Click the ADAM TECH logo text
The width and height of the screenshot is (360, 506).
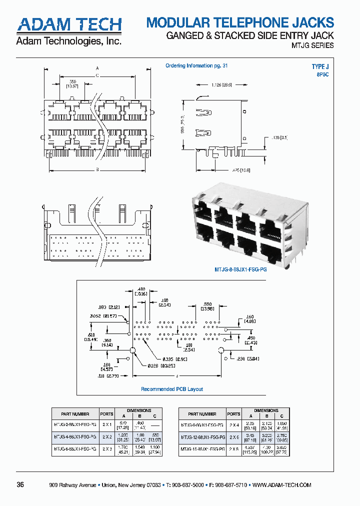coord(69,24)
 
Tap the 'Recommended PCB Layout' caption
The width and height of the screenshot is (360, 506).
coord(172,389)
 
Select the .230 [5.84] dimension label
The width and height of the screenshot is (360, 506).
coord(247,358)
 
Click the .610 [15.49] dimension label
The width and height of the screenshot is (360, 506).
coord(90,336)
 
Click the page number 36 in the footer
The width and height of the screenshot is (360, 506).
coord(20,485)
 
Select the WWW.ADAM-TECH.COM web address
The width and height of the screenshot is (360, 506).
coord(282,485)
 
